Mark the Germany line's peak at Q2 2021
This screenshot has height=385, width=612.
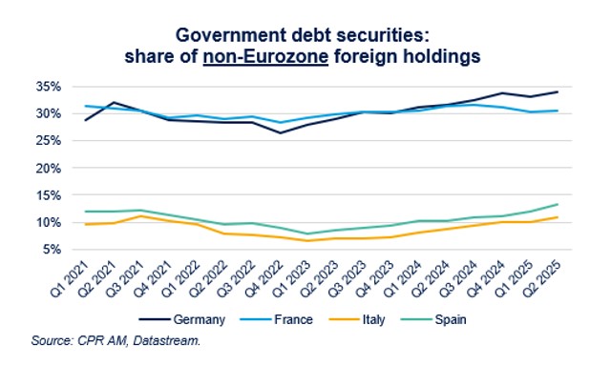coord(114,102)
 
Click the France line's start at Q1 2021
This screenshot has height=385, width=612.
coord(86,106)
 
